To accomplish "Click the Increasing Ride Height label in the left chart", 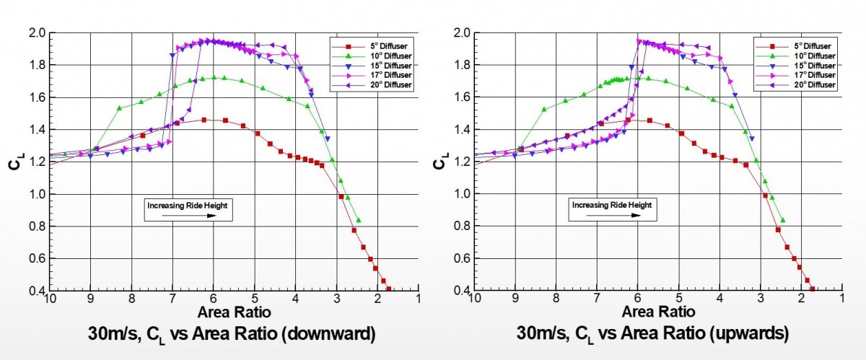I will [188, 205].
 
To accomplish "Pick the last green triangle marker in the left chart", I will [359, 220].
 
